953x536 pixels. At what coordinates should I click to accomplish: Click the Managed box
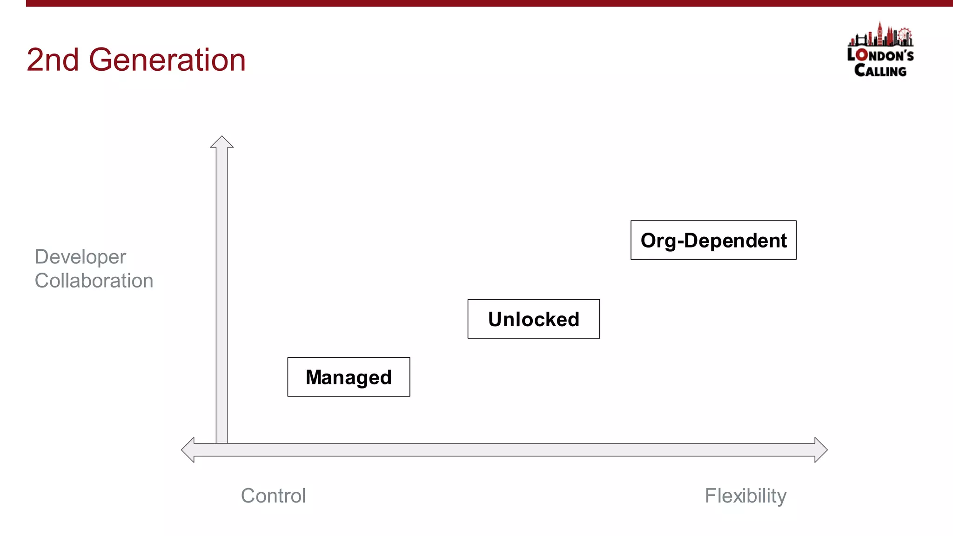(x=349, y=377)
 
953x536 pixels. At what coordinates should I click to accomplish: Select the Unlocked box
(x=533, y=319)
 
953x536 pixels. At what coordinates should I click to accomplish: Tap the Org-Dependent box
(x=713, y=240)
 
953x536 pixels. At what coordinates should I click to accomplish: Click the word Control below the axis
(x=273, y=496)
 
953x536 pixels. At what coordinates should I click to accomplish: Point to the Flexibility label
(x=745, y=496)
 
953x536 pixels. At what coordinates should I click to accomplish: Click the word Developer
(x=80, y=257)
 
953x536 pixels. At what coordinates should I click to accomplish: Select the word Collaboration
(x=94, y=281)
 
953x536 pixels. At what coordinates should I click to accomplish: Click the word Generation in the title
(x=167, y=60)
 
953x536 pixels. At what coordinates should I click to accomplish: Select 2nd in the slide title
(x=53, y=60)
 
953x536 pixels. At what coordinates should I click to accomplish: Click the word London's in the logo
(x=880, y=55)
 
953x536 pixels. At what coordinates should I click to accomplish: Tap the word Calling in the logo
(x=880, y=70)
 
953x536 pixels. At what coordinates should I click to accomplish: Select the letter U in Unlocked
(x=496, y=319)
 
